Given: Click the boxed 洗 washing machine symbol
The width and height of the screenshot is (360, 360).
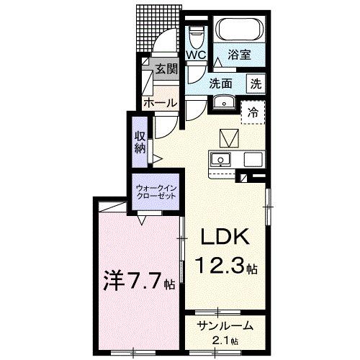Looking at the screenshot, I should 256,83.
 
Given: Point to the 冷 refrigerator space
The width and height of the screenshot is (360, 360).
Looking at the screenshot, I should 253,112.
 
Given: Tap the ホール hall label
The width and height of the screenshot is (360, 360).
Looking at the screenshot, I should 159,102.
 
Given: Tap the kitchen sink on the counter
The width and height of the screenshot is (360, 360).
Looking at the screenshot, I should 220,159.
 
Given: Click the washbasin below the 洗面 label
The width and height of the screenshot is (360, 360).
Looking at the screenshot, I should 224,102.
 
